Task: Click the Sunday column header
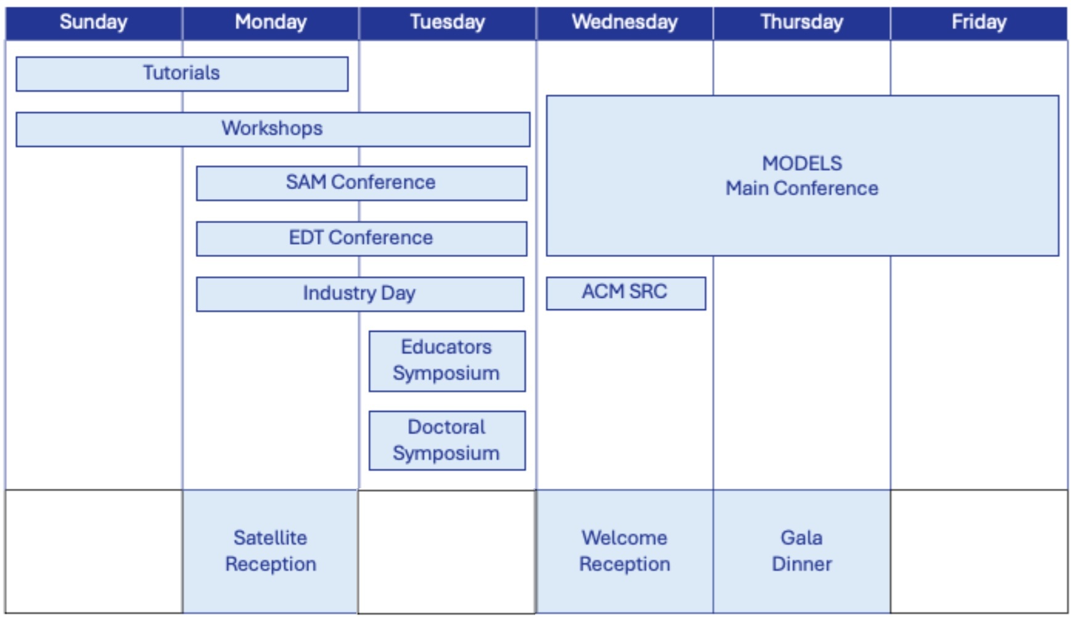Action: (x=94, y=22)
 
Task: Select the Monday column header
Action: (x=271, y=22)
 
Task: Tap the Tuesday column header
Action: (x=448, y=22)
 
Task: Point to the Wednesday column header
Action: (x=625, y=22)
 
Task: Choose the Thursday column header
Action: (x=802, y=22)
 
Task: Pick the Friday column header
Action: (x=979, y=22)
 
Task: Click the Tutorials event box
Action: (x=182, y=73)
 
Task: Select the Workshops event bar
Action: (x=273, y=129)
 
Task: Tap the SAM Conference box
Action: (x=361, y=183)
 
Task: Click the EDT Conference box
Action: (x=361, y=238)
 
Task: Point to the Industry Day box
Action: (x=360, y=293)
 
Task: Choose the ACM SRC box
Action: (x=625, y=292)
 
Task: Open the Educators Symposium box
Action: (x=447, y=361)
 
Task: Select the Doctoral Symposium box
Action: (x=447, y=440)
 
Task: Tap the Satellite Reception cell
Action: (x=271, y=550)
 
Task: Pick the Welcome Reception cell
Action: (x=625, y=550)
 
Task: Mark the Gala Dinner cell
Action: (x=802, y=550)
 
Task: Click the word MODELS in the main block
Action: (x=802, y=163)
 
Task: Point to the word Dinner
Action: (x=802, y=564)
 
